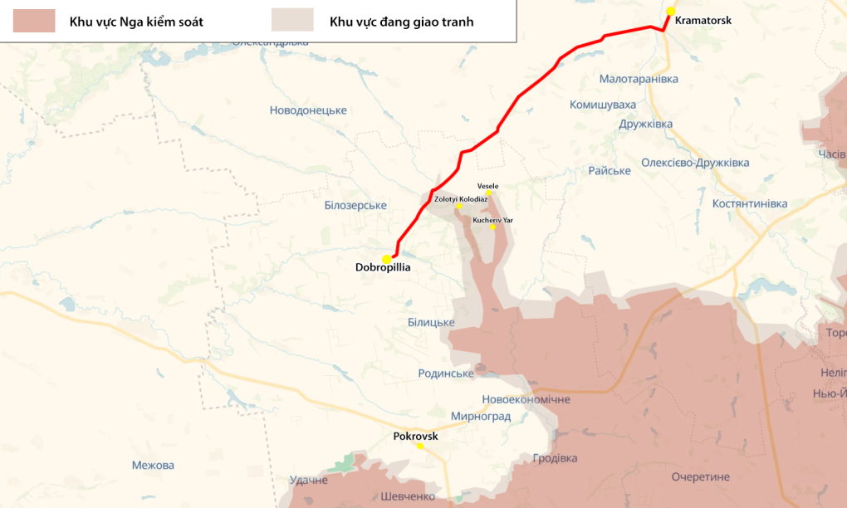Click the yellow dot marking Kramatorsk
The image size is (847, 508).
click(x=671, y=11)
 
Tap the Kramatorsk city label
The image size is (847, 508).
click(x=703, y=20)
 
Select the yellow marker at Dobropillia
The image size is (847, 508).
click(x=387, y=259)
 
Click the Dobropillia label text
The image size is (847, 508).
click(x=383, y=268)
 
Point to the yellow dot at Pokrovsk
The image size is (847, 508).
click(x=420, y=446)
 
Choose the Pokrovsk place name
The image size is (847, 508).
click(x=415, y=436)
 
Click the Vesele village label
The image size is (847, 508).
click(x=488, y=186)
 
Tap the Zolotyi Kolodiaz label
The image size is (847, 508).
click(x=461, y=199)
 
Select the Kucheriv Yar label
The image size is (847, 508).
click(x=493, y=220)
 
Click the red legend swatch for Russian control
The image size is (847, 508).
click(x=34, y=21)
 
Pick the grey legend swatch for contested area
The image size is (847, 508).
click(x=292, y=21)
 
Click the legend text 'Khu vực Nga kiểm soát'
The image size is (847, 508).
click(x=136, y=22)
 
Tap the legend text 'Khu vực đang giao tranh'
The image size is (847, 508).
click(x=401, y=22)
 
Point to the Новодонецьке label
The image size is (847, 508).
click(x=308, y=110)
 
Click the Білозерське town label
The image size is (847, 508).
click(x=355, y=205)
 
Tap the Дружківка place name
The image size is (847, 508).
click(x=645, y=125)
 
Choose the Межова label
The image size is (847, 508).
click(x=153, y=466)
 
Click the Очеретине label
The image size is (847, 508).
click(x=701, y=476)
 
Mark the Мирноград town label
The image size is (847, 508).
click(x=480, y=416)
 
